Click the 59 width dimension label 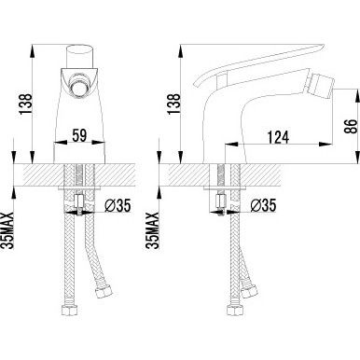click(79, 135)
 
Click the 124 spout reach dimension click(278, 137)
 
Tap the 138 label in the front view click(26, 104)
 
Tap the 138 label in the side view click(174, 104)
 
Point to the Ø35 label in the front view click(118, 206)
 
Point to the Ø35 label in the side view click(264, 206)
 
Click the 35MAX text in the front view click(8, 230)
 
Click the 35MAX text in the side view click(153, 230)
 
